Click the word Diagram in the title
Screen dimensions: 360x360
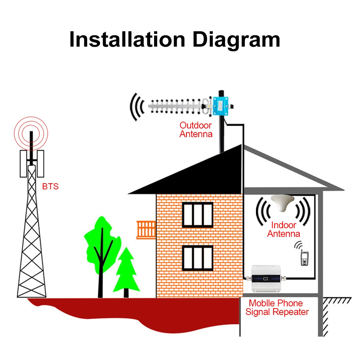236,39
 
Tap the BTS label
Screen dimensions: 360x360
50,186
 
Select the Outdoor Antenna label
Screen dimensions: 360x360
196,130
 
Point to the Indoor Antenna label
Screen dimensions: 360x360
283,229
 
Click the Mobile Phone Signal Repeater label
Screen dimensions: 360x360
277,308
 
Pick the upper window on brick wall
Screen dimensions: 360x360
198,215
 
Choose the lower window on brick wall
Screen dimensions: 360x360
198,257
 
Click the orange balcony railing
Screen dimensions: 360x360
146,229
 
